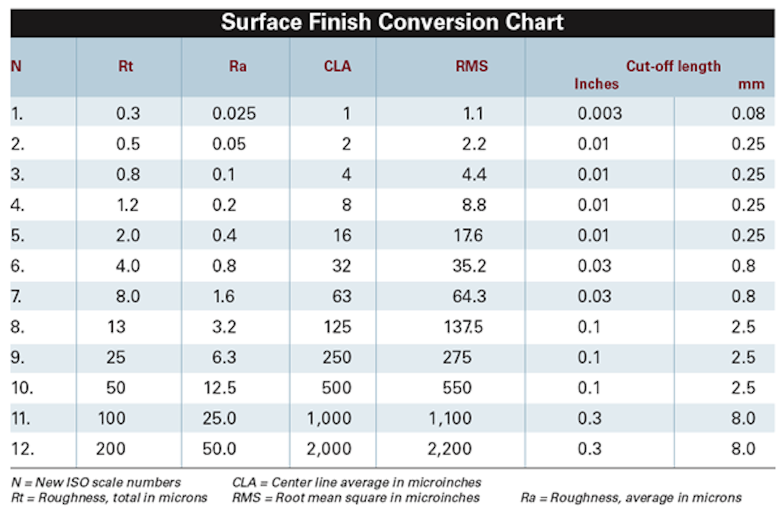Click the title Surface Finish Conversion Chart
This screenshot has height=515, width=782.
(x=392, y=22)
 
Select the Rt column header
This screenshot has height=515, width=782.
(x=126, y=66)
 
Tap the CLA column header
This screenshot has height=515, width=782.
(x=337, y=66)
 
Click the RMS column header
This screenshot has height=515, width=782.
(x=472, y=66)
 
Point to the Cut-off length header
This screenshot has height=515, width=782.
(x=673, y=66)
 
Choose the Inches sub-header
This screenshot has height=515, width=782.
(x=596, y=84)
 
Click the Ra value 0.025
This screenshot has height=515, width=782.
(x=234, y=113)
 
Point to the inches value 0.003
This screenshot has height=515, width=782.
(x=600, y=113)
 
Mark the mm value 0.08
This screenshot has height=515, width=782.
(x=748, y=113)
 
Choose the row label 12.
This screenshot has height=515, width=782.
(x=22, y=449)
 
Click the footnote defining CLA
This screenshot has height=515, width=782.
(x=356, y=482)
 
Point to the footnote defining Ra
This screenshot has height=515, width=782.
(x=631, y=498)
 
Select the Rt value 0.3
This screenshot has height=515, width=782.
(x=128, y=113)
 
